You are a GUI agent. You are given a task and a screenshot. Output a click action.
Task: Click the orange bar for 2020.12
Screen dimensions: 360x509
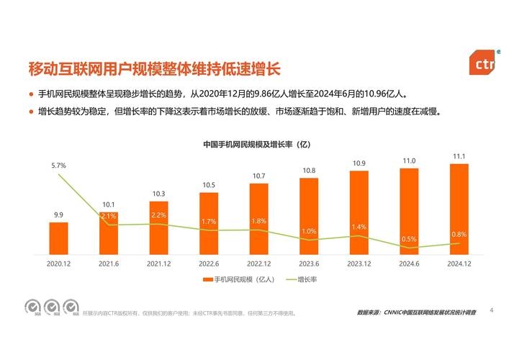pos(58,238)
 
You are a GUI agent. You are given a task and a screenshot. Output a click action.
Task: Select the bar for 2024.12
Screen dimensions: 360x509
pos(459,209)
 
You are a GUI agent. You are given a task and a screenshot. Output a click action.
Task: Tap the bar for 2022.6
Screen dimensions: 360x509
pos(209,224)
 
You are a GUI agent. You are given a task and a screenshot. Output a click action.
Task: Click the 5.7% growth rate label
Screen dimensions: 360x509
pos(58,166)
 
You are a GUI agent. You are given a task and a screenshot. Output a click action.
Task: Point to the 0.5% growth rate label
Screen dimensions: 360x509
pos(409,239)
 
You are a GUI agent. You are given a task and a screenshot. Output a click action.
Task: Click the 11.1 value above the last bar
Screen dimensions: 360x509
pos(459,156)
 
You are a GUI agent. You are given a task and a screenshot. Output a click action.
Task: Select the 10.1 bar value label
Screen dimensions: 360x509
pos(109,204)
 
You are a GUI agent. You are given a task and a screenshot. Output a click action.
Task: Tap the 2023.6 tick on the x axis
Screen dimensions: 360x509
pos(309,264)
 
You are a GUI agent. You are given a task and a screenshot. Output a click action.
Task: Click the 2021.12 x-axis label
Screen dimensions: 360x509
pos(158,264)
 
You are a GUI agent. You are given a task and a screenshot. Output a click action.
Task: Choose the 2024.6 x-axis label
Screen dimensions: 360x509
pos(409,264)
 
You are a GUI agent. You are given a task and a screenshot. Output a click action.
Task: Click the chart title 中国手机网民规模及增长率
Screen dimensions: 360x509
pos(256,144)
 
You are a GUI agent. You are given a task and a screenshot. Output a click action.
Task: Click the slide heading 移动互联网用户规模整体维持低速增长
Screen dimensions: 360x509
pos(153,69)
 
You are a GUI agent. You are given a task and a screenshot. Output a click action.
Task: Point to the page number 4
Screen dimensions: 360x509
pos(491,310)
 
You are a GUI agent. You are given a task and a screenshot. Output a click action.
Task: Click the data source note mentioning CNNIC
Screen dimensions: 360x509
pos(416,313)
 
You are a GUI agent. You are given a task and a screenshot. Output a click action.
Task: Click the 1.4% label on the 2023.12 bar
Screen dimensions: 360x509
pos(359,227)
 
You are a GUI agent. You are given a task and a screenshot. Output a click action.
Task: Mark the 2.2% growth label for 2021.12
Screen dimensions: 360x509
pos(158,215)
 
